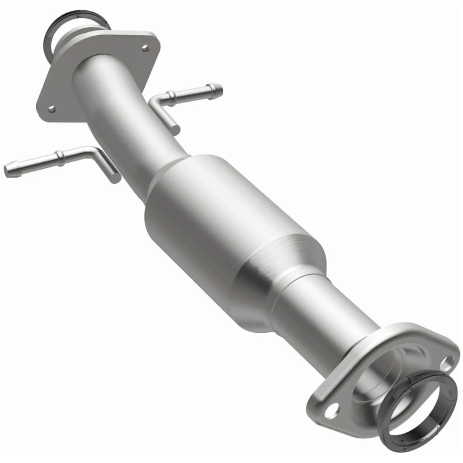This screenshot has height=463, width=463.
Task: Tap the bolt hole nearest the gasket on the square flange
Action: (145, 48)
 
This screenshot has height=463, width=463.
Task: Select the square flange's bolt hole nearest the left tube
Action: (52, 109)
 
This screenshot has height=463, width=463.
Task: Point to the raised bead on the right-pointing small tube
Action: (171, 96)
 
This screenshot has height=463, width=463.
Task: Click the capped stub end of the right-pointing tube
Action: (175, 130)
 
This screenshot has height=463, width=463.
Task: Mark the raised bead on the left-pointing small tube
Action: (59, 157)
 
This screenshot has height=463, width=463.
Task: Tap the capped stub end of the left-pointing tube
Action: (116, 178)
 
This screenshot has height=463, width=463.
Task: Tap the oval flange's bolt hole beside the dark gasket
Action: (448, 361)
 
